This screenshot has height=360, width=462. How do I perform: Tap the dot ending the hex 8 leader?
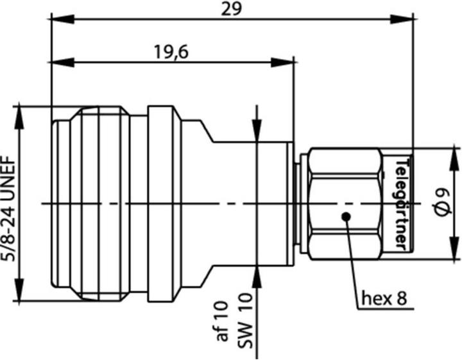pos(346,216)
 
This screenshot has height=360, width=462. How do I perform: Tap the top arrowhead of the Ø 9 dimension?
pos(453,155)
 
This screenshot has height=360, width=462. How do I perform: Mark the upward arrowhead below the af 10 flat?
pos(258,273)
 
